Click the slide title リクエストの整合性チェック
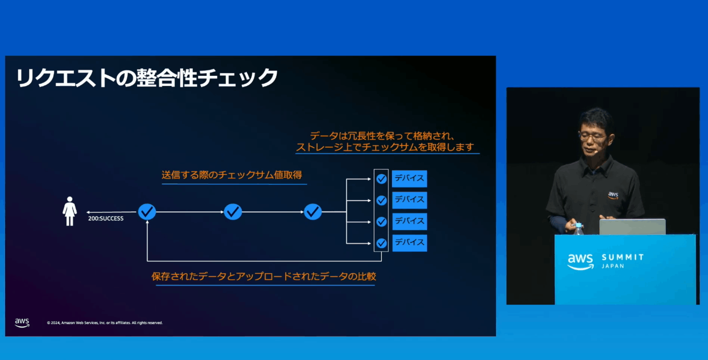147,77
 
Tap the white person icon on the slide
70,211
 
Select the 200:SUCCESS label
106,218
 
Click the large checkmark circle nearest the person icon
147,211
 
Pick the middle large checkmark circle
233,211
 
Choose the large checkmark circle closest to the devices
313,211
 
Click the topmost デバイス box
410,178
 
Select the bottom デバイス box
410,243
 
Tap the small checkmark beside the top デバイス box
381,179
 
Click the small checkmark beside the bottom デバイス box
381,243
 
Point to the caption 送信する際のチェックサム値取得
232,175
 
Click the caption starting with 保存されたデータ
264,276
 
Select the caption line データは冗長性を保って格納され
382,136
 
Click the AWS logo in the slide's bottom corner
22,323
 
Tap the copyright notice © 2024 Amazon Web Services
105,323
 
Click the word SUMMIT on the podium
623,257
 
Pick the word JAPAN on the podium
613,266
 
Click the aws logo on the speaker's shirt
613,195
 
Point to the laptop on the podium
633,227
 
